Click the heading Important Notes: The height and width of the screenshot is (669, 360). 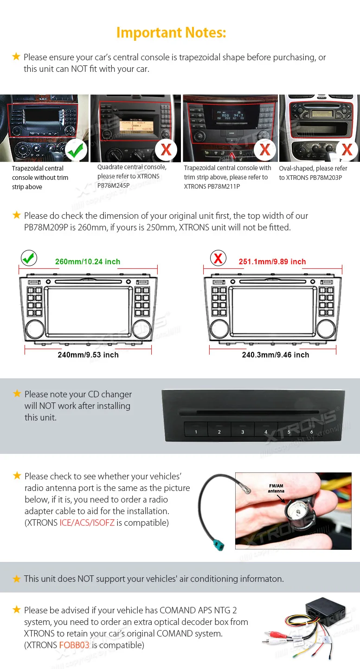pyautogui.click(x=171, y=32)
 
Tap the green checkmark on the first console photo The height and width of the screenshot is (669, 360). pyautogui.click(x=76, y=150)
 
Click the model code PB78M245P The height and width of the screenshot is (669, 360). pyautogui.click(x=113, y=185)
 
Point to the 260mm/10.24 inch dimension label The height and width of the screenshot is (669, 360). pyautogui.click(x=88, y=261)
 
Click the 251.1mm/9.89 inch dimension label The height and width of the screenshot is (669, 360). pyautogui.click(x=272, y=261)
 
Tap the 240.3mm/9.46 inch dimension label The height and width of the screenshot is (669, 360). pyautogui.click(x=276, y=355)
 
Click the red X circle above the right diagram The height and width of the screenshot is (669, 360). pyautogui.click(x=218, y=258)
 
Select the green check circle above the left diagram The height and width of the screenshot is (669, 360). pyautogui.click(x=29, y=258)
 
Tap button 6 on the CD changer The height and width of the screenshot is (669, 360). pyautogui.click(x=311, y=432)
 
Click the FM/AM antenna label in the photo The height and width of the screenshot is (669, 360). pyautogui.click(x=276, y=489)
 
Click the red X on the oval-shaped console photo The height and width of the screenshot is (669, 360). pyautogui.click(x=347, y=150)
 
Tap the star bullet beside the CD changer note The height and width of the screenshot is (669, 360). pyautogui.click(x=17, y=394)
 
